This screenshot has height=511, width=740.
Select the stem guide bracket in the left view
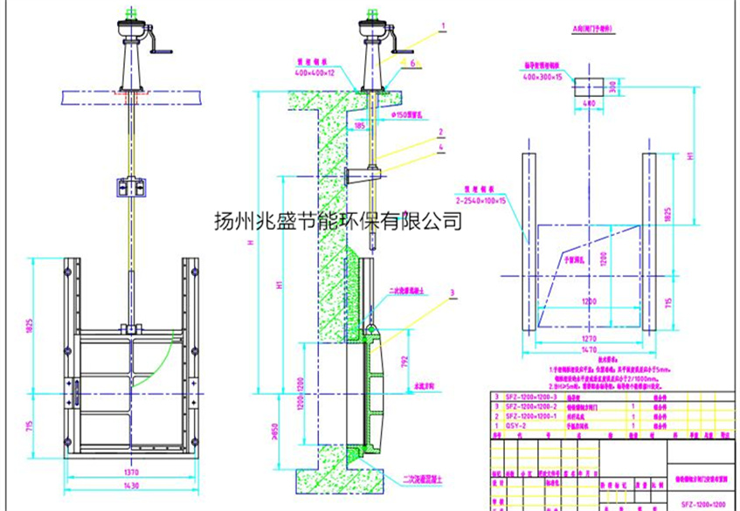coord(132,186)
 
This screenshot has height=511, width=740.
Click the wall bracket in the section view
coord(361,177)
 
